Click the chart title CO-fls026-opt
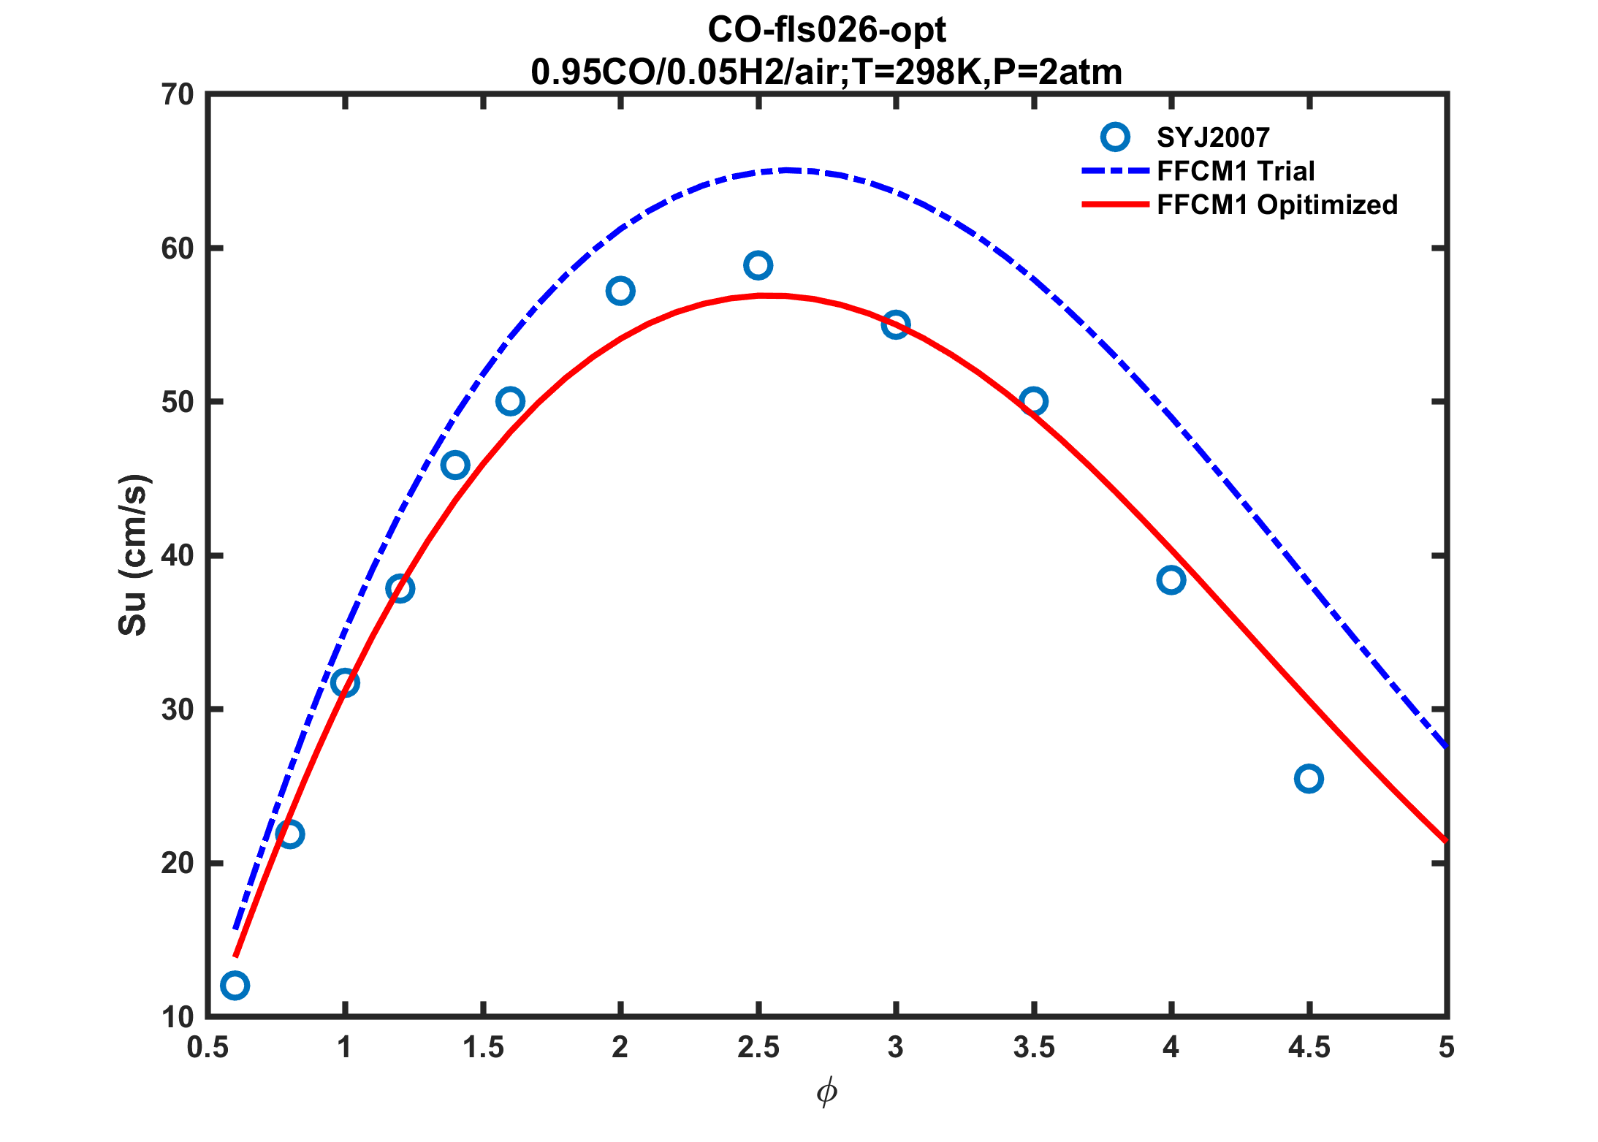pos(826,31)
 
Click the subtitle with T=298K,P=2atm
pos(826,72)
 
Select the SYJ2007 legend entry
pos(1213,137)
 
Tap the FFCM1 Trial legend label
pos(1236,171)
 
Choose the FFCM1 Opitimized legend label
pos(1277,205)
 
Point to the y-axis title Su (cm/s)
pos(133,555)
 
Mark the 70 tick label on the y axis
pos(178,95)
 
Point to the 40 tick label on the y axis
pos(178,556)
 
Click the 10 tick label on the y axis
pos(178,1017)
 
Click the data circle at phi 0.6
pos(235,985)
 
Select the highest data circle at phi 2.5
pos(758,265)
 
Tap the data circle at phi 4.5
pos(1309,779)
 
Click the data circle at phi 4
pos(1171,580)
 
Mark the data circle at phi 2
pos(620,291)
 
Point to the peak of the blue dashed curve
pos(786,170)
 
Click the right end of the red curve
pos(1445,840)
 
